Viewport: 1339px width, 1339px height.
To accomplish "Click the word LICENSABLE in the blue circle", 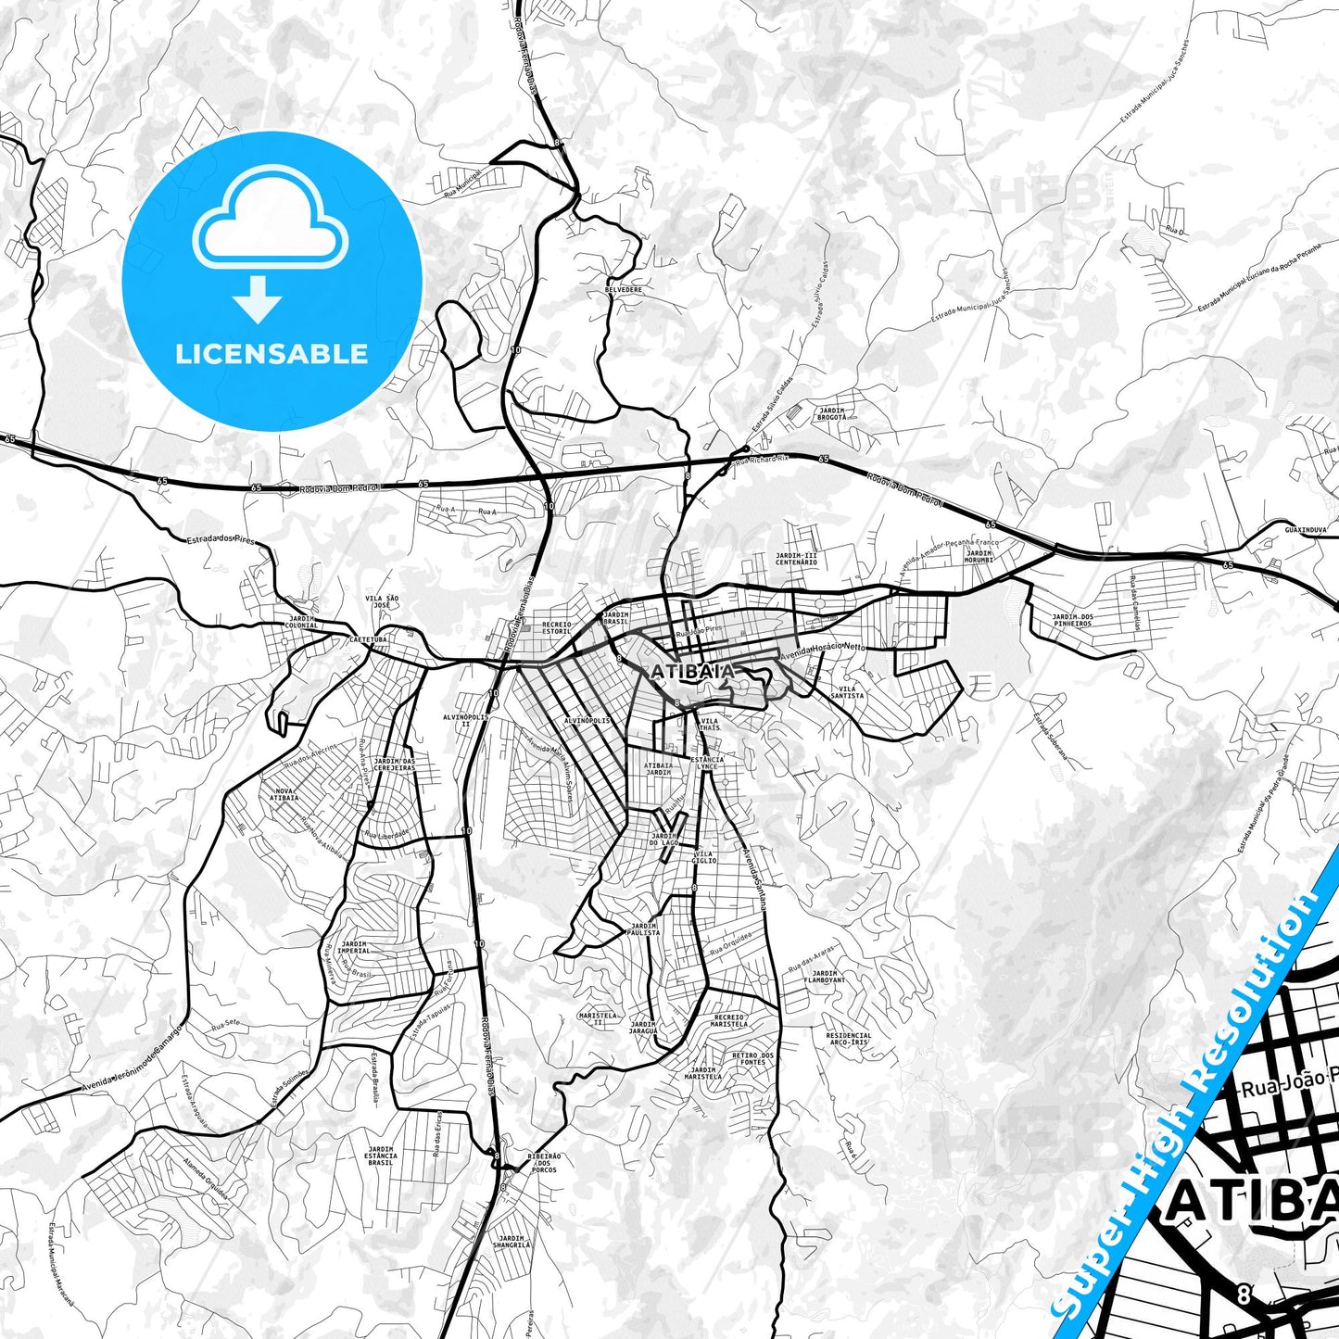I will click(272, 354).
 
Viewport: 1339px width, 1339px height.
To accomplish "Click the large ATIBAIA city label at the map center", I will click(693, 671).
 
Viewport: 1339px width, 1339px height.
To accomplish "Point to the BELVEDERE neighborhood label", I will click(623, 289).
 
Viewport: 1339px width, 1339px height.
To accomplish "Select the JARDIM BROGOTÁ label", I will click(831, 413).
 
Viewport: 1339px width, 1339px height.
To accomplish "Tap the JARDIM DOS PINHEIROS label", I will click(1072, 620).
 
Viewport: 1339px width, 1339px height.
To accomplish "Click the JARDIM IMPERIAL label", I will click(353, 947).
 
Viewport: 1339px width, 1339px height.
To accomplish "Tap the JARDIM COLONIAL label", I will click(303, 622).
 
